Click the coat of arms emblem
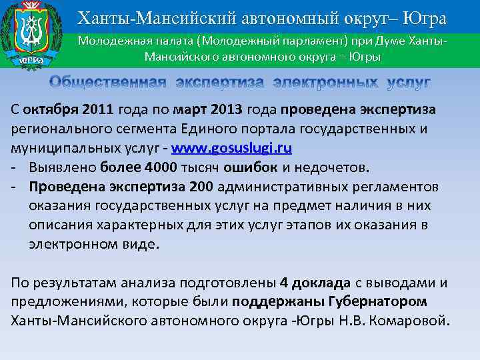[31, 33]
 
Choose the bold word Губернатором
[375, 301]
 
